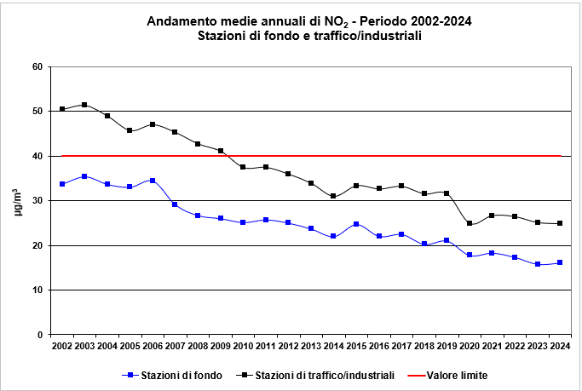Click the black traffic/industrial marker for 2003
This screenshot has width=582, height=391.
click(84, 105)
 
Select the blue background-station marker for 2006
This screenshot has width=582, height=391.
click(153, 181)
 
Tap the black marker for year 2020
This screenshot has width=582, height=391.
click(470, 223)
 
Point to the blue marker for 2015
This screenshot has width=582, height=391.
click(356, 224)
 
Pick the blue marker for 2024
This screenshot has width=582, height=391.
click(560, 262)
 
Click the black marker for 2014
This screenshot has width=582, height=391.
click(333, 196)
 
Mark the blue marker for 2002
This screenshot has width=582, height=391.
click(62, 184)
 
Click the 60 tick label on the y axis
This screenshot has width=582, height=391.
click(37, 66)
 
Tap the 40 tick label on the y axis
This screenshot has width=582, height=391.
click(37, 156)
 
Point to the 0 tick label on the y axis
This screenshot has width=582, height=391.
click(40, 335)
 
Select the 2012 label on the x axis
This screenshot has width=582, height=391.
click(288, 347)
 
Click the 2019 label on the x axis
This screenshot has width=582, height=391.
click(447, 347)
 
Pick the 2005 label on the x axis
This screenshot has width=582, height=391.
click(130, 347)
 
